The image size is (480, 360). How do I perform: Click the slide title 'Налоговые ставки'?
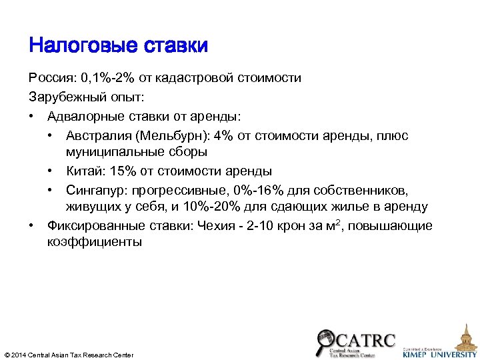[119, 45]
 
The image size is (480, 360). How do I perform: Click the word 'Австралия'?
[98, 136]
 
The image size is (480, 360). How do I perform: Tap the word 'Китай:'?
[86, 171]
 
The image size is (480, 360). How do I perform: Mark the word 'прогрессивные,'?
[177, 191]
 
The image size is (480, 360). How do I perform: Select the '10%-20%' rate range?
[249, 207]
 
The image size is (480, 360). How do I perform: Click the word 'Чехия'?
[217, 226]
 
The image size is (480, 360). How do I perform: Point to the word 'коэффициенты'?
[94, 242]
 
